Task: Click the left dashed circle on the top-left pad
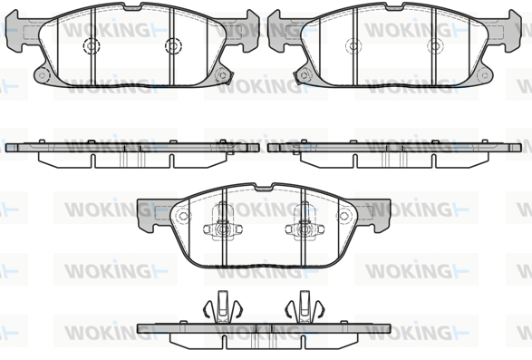pyautogui.click(x=92, y=45)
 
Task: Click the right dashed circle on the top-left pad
pyautogui.click(x=173, y=45)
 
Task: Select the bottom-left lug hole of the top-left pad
pyautogui.click(x=42, y=75)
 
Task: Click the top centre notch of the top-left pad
pyautogui.click(x=132, y=6)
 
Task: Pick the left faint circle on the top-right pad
pyautogui.click(x=353, y=45)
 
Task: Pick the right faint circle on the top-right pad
pyautogui.click(x=435, y=45)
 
